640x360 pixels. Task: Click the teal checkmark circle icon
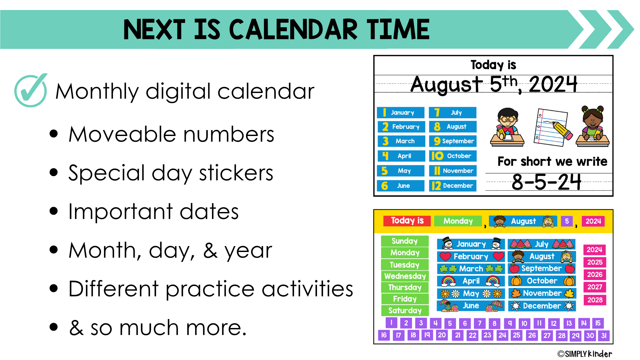click(x=31, y=90)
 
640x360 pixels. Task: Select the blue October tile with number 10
click(x=453, y=156)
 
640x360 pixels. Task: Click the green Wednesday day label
click(x=405, y=276)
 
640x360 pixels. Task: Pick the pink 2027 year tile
click(x=595, y=287)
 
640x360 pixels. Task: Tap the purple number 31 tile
click(x=604, y=335)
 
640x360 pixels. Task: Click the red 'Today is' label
click(x=407, y=221)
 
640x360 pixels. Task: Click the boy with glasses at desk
click(x=507, y=127)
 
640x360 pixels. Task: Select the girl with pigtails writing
click(x=593, y=126)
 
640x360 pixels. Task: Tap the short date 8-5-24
click(x=546, y=182)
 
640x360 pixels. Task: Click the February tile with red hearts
click(x=471, y=256)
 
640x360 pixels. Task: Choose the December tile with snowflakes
click(x=542, y=306)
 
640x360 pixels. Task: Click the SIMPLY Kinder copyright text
click(x=585, y=354)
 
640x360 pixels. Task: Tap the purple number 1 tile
click(x=391, y=323)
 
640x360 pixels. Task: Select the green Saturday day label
click(x=405, y=310)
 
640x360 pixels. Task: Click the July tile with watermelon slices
click(x=542, y=244)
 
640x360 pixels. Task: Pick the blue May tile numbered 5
click(x=401, y=171)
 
